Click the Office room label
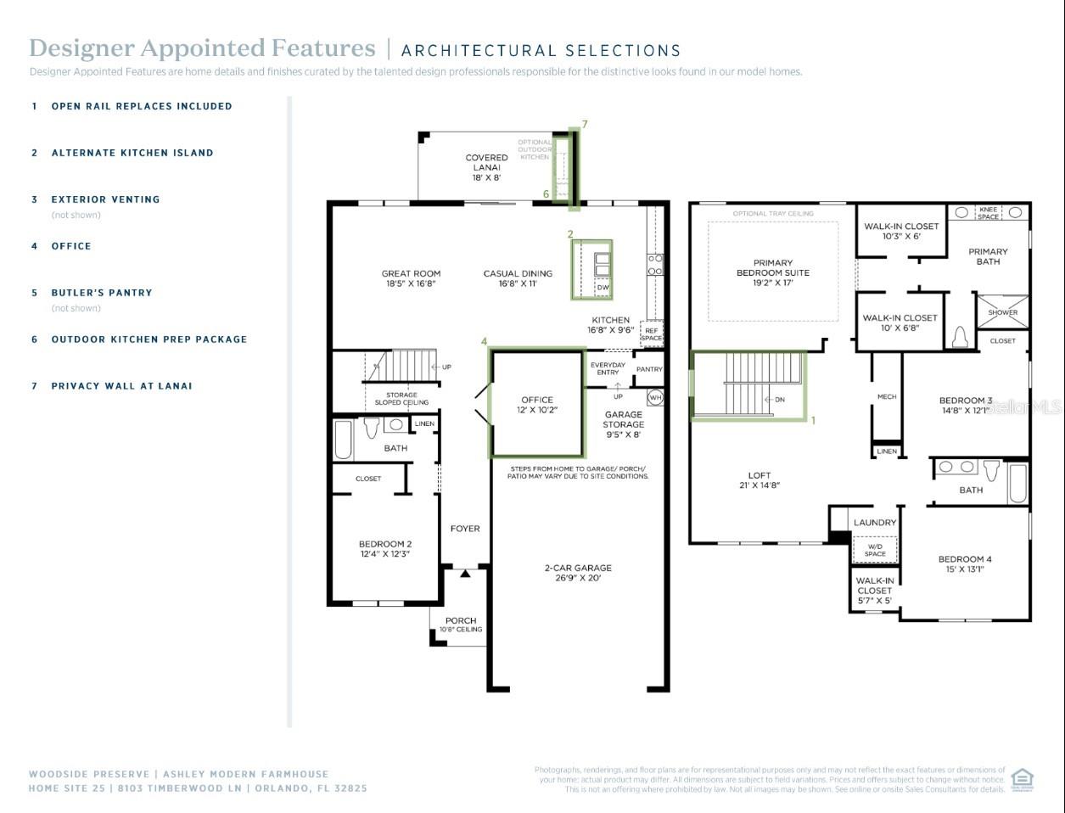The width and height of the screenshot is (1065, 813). click(537, 405)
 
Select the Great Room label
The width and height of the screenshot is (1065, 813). click(411, 278)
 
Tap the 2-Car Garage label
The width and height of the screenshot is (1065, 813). click(578, 573)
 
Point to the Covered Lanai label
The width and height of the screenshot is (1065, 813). click(486, 167)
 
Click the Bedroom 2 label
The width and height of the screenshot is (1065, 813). click(384, 549)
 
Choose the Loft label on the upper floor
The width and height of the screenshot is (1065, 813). click(759, 480)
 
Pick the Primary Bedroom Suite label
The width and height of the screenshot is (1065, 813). click(772, 272)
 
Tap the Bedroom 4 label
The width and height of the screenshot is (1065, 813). click(965, 564)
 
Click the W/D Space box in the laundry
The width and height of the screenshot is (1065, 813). click(875, 550)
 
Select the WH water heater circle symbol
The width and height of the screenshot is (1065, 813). click(655, 397)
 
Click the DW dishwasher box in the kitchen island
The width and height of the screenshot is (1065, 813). click(603, 288)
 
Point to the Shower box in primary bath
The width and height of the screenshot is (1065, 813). click(1002, 312)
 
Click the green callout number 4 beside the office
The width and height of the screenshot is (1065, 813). click(485, 341)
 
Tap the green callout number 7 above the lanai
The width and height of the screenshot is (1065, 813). click(585, 124)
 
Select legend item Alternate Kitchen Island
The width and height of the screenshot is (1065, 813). click(132, 153)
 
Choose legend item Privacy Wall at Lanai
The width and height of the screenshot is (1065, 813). click(121, 386)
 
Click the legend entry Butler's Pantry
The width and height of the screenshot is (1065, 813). click(102, 293)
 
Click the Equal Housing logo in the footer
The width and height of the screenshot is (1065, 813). click(1023, 779)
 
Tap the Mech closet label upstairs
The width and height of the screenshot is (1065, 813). click(887, 396)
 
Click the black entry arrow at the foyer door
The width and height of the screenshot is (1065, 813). click(465, 574)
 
